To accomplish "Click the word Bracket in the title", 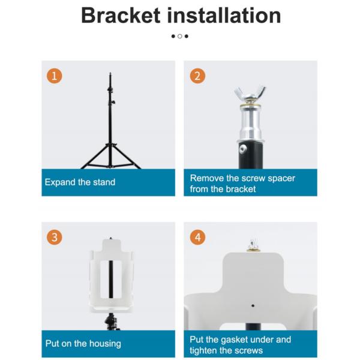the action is coord(121,16).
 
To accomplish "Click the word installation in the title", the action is coord(224,16).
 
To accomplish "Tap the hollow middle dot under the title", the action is coord(180,36).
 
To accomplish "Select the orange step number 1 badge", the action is coord(55,76).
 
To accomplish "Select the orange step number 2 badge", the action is coord(197,76).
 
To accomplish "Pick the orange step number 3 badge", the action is coord(55,237).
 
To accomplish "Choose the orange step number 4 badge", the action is coord(197,237).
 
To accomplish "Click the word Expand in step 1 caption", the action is coord(60,182).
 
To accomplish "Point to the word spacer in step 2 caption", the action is coord(281,178).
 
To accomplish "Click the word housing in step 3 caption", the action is coord(105,344).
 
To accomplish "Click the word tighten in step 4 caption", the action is coord(203,351).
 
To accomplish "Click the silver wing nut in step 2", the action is coord(250,94).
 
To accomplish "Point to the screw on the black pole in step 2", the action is coord(243,149).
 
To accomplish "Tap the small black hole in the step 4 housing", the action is coord(253,305).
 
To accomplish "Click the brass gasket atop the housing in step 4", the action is coord(253,250).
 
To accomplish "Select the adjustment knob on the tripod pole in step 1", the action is coord(113,102).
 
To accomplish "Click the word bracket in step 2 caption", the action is coord(241,189).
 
